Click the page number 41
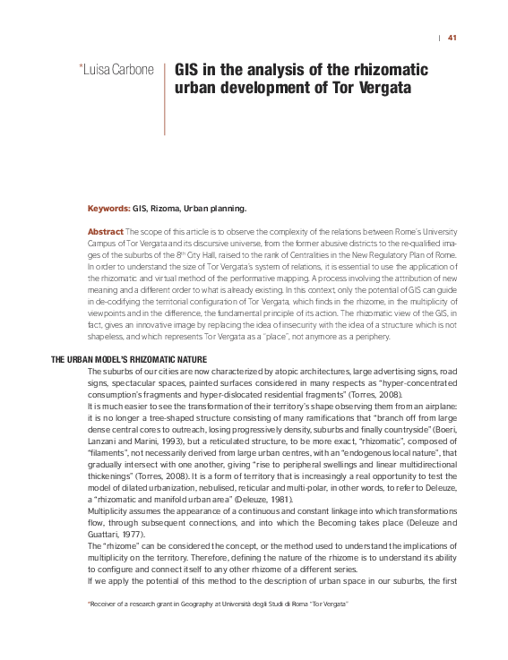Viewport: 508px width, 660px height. point(452,38)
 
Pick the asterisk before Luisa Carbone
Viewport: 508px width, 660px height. point(82,67)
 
